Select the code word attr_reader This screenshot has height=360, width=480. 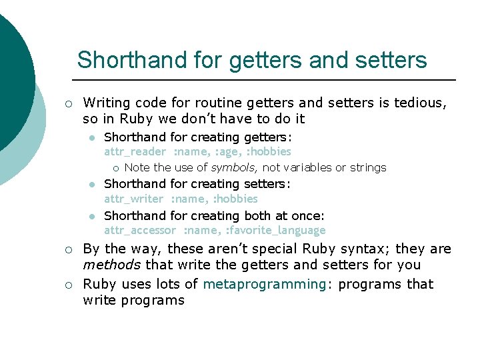tap(134, 152)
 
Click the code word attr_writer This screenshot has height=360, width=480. tap(133, 199)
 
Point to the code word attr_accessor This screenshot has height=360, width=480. tap(140, 231)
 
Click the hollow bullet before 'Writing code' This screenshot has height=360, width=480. tap(69, 103)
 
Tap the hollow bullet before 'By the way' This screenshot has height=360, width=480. tap(69, 250)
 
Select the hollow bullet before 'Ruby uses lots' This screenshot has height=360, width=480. tap(69, 285)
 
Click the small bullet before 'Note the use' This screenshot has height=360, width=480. tap(115, 168)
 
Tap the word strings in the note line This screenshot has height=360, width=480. tap(368, 167)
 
